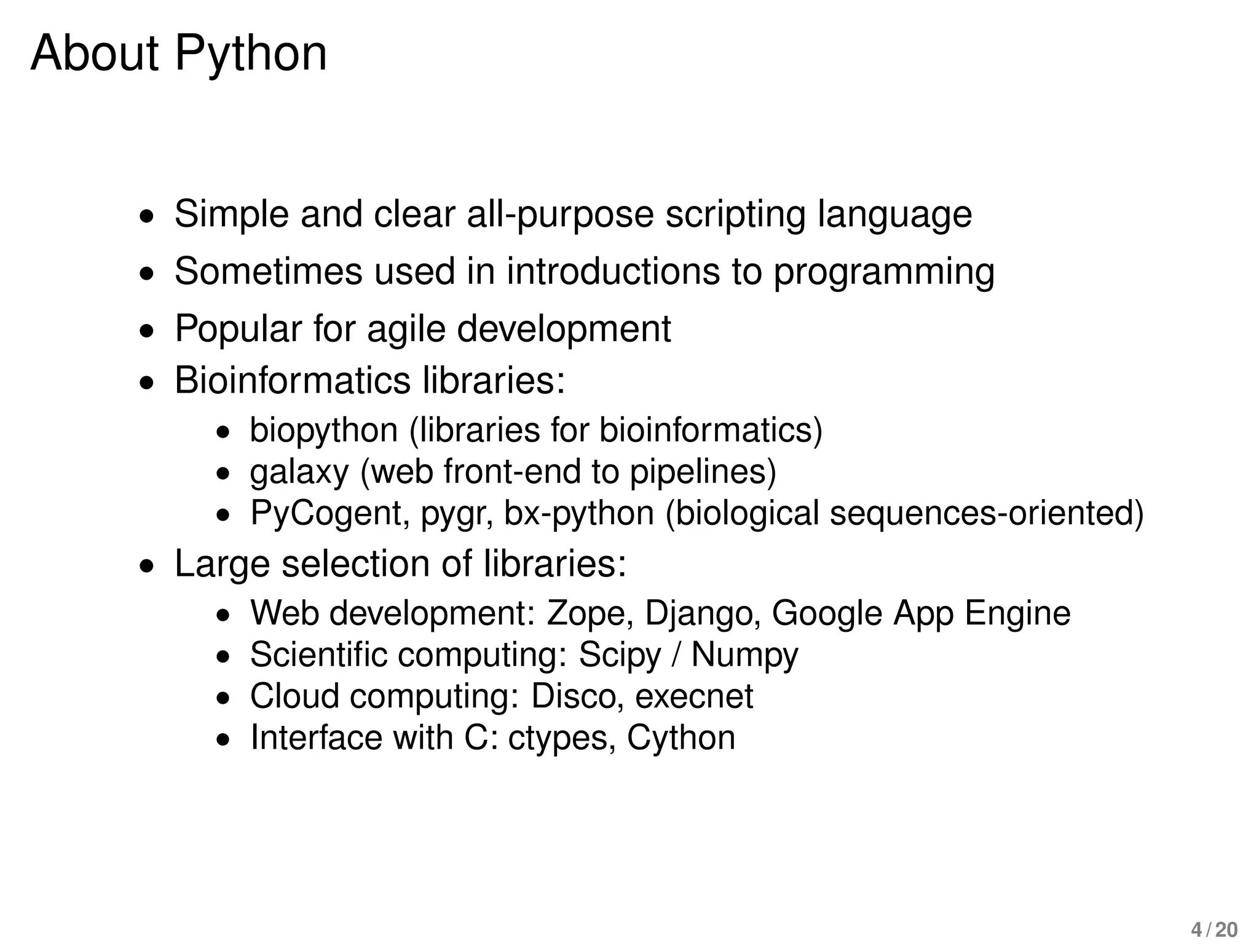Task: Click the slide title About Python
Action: [x=178, y=54]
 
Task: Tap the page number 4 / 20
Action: [x=1214, y=930]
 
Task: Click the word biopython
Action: [x=323, y=430]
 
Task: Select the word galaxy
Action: [x=299, y=472]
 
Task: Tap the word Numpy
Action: [x=744, y=655]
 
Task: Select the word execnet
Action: [x=693, y=696]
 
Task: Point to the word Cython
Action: [x=681, y=738]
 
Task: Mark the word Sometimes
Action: [x=269, y=271]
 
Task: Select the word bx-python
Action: [x=578, y=513]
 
